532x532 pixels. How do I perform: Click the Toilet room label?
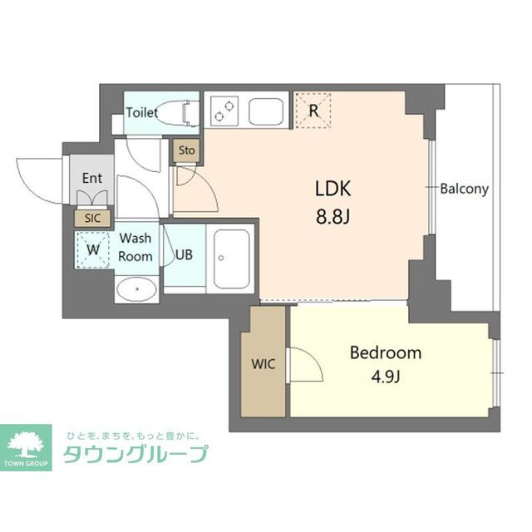tap(141, 113)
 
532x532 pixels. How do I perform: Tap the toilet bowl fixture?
tap(185, 112)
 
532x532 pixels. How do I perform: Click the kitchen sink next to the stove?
tap(266, 111)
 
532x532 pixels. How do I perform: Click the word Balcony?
tap(465, 188)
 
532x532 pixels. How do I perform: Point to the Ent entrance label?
tap(91, 178)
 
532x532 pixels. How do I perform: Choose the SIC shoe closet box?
tap(91, 218)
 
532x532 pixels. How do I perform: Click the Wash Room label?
tap(135, 248)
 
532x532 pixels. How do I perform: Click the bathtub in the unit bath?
tap(234, 258)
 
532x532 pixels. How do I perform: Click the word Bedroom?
tap(385, 352)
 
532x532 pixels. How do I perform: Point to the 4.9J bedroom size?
tap(386, 379)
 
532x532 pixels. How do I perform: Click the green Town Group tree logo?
tap(27, 445)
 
